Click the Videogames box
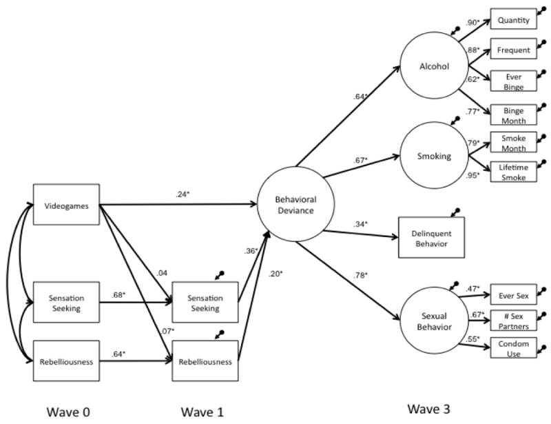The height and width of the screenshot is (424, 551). click(x=67, y=204)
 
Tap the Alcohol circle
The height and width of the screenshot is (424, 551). click(x=434, y=67)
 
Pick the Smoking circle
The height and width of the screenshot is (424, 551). click(x=434, y=156)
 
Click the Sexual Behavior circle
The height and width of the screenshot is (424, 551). click(x=434, y=321)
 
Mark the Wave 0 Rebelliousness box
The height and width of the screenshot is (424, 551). click(x=67, y=361)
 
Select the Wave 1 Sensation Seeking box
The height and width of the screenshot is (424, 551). click(x=206, y=303)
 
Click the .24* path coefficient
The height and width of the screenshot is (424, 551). click(x=183, y=195)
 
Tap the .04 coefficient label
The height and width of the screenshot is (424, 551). click(x=162, y=274)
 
